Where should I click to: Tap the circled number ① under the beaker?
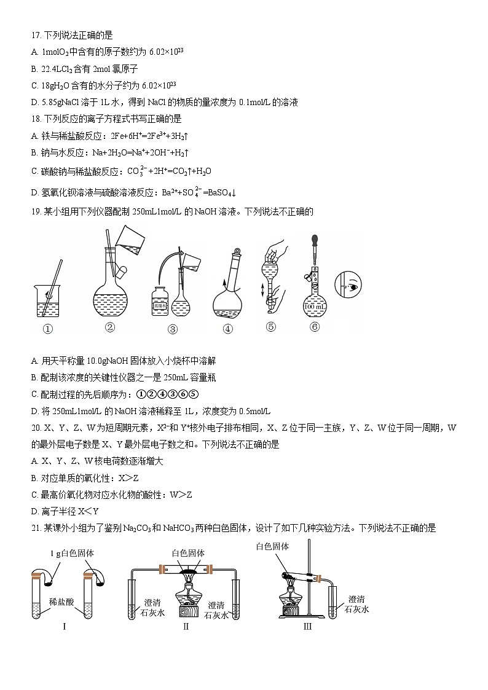coord(48,329)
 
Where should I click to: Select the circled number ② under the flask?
coord(110,327)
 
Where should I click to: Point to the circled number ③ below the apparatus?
coord(172,329)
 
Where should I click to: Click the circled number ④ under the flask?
coord(228,329)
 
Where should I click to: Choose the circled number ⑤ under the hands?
coord(271,327)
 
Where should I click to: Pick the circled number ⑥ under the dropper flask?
coord(315,327)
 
